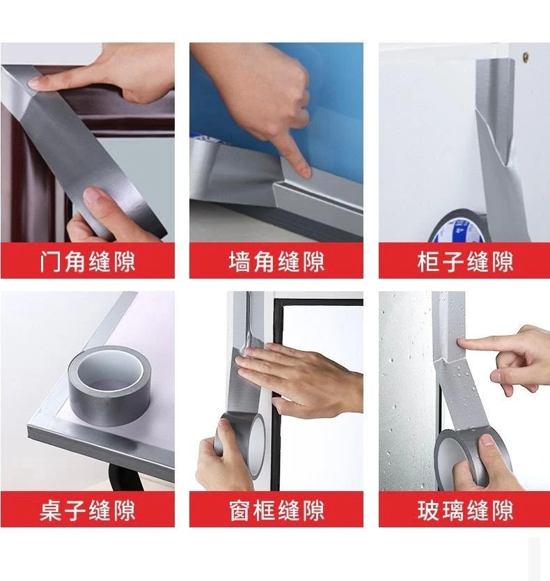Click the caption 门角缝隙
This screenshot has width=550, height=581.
point(88,262)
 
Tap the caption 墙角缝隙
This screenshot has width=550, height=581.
point(276,262)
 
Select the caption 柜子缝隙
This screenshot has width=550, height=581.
point(465,262)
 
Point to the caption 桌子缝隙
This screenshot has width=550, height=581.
point(88,510)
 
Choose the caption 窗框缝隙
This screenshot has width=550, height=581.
point(276,510)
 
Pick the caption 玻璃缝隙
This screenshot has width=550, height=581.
point(465,510)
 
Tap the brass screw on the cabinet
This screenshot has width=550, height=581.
point(526,56)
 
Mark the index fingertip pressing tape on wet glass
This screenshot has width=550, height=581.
point(462,343)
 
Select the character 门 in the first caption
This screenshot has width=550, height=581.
point(50,262)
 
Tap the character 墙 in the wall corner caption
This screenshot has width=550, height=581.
point(239,262)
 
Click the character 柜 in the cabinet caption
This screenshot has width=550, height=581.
point(429,262)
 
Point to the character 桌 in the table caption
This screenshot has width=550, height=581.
point(51,510)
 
